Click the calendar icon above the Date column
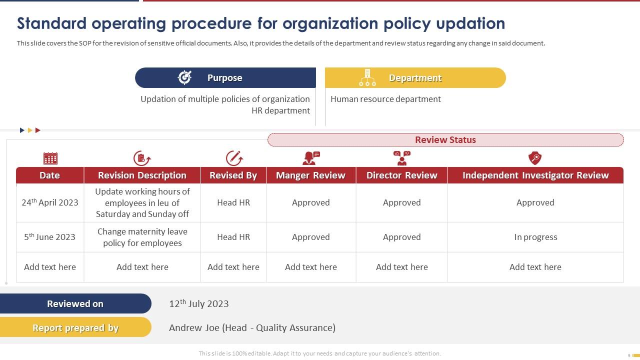point(50,158)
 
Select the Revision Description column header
point(142,175)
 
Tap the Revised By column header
point(233,175)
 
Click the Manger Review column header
point(310,175)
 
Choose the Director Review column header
point(401,175)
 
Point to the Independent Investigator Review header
point(535,175)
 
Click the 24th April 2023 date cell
point(50,202)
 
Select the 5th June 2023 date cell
point(50,237)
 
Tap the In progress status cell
point(535,237)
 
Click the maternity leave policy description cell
point(142,237)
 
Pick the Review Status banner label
point(445,140)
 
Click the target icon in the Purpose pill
point(185,77)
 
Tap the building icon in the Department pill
point(367,77)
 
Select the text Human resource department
point(385,99)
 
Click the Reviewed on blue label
point(75,303)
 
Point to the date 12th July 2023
point(199,303)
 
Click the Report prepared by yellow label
point(75,328)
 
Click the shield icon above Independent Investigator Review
point(535,158)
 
